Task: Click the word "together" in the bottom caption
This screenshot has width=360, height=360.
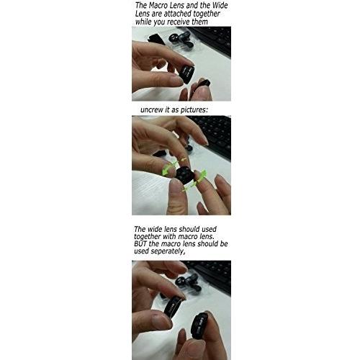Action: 147,237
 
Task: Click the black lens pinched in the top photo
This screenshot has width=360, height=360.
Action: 186,73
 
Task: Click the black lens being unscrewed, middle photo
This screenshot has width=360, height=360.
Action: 184,175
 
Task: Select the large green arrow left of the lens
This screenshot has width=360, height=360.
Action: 168,168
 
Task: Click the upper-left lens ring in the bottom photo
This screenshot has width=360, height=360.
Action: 174,307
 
